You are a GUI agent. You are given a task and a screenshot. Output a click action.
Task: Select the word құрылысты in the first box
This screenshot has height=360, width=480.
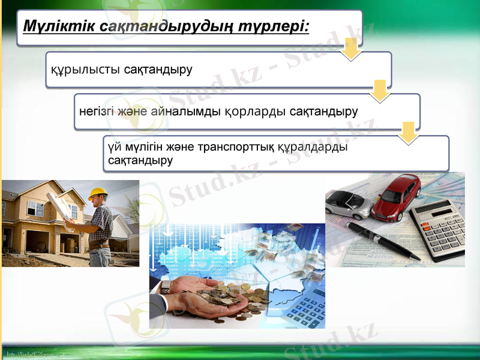click(x=85, y=70)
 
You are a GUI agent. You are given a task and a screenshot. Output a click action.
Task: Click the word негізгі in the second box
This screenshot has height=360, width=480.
click(x=98, y=112)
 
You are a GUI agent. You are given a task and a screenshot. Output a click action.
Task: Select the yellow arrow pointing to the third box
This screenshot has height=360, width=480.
click(x=409, y=133)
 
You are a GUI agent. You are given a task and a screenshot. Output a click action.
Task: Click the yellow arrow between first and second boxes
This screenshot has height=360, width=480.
click(x=379, y=91)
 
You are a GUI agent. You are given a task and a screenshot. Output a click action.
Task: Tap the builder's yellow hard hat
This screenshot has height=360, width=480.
click(x=97, y=194)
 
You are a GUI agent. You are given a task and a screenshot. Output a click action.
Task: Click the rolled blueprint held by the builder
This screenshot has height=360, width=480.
click(x=65, y=206)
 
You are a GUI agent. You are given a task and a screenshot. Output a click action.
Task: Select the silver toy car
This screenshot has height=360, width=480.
click(x=349, y=204)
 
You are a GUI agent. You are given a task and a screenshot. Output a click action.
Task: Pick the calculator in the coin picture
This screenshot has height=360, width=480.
click(x=304, y=309)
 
